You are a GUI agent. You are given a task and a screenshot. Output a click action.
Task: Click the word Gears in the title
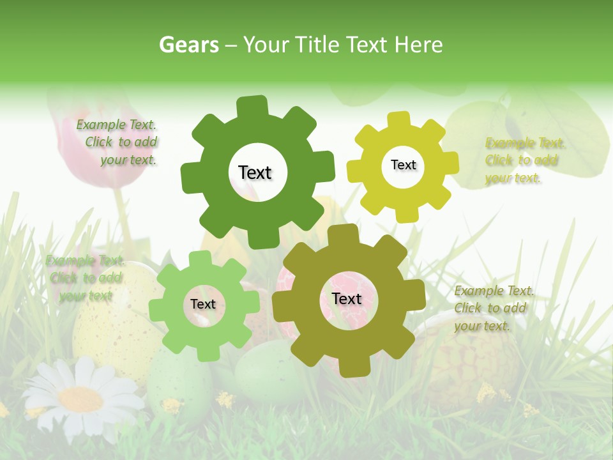(188, 45)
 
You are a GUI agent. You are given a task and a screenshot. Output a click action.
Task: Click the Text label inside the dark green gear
(255, 172)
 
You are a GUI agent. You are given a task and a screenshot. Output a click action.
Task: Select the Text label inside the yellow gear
(403, 165)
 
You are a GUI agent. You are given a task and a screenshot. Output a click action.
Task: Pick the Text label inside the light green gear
(203, 304)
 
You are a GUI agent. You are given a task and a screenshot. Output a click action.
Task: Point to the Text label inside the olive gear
(347, 298)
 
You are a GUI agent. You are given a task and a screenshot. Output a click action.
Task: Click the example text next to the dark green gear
(118, 142)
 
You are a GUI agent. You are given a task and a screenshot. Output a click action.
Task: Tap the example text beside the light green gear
(85, 278)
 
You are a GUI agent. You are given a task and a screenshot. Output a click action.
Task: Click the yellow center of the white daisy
(81, 399)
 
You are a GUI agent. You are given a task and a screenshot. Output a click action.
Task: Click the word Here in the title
(419, 45)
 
